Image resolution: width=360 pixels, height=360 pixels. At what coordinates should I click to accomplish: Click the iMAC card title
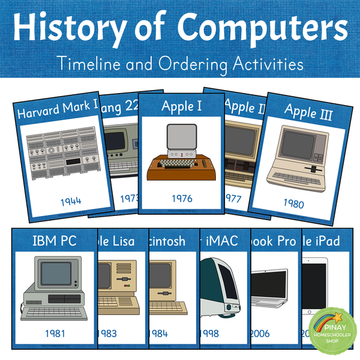point(223,242)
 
